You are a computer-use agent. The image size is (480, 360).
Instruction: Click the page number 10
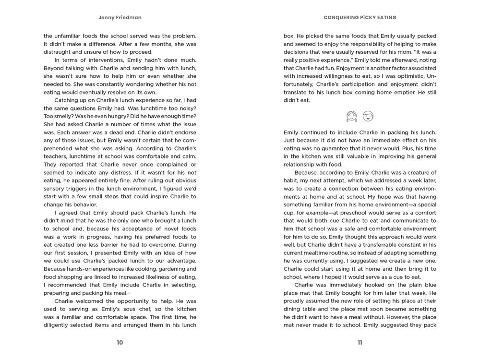(x=120, y=342)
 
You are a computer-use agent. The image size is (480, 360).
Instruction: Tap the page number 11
(x=360, y=342)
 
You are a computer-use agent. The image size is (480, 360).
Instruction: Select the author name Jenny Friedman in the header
(x=120, y=17)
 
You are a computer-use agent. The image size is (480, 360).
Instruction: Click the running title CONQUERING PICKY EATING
(x=360, y=17)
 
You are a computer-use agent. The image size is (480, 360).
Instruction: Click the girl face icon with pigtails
(x=352, y=116)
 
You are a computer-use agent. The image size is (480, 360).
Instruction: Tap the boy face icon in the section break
(x=368, y=116)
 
